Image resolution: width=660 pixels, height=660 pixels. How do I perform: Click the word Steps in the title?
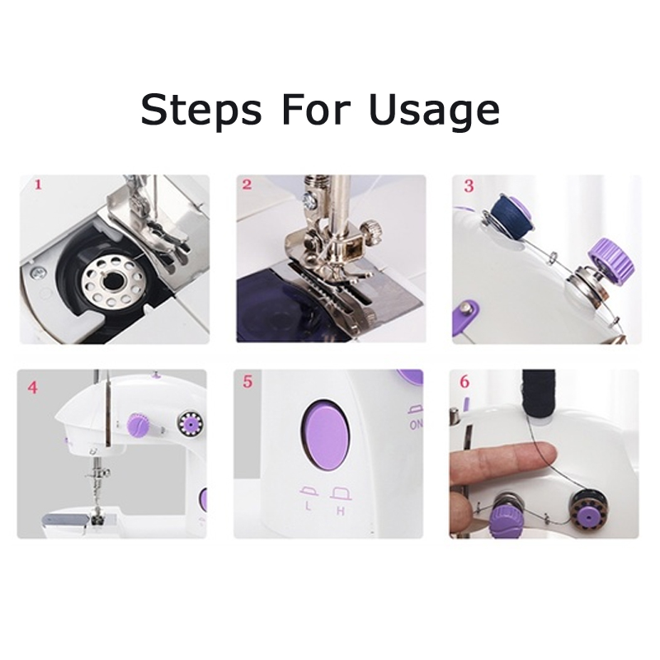click(x=201, y=111)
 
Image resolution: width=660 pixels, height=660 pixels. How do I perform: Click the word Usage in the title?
click(x=435, y=111)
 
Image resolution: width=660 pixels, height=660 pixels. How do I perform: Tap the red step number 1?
click(x=38, y=184)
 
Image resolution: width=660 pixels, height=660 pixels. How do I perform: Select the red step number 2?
click(x=247, y=184)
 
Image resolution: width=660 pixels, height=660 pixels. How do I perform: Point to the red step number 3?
click(x=469, y=186)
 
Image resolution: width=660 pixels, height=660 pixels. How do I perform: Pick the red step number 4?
click(x=33, y=387)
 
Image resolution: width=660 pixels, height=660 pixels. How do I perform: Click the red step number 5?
click(x=247, y=382)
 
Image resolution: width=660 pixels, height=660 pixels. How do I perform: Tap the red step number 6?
click(x=464, y=382)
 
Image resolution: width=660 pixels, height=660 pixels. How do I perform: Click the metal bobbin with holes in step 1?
click(x=111, y=280)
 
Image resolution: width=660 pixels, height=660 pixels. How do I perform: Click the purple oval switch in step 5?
click(x=325, y=435)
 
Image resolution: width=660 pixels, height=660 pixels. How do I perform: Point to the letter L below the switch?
click(x=309, y=506)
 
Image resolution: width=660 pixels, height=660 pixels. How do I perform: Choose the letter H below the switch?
click(x=341, y=511)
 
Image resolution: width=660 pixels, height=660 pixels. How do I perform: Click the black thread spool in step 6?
click(x=539, y=393)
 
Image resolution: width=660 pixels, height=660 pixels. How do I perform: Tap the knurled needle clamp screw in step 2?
click(x=373, y=230)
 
